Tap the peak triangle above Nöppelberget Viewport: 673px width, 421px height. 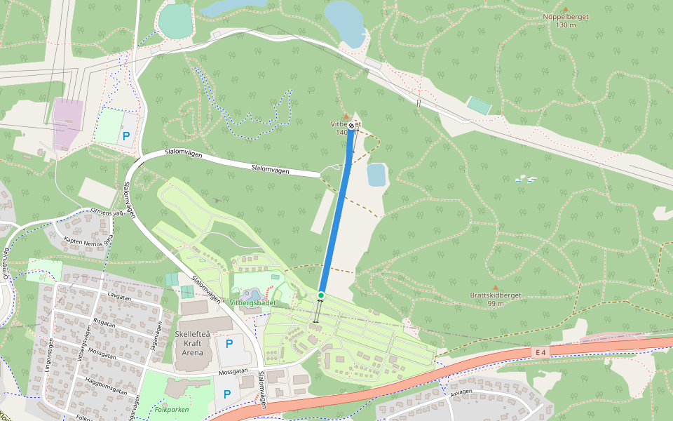coord(566,9)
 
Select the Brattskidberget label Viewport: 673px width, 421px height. coord(496,295)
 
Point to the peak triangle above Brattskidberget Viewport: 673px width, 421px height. coord(496,288)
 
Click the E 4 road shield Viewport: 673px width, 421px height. coord(539,351)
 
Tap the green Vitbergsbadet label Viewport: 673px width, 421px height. coord(253,303)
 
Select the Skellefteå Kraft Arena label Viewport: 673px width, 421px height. coord(193,343)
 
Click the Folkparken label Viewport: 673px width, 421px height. coord(172,408)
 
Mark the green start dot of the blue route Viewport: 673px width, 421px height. coord(320,295)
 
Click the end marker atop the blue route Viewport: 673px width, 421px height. coord(351,126)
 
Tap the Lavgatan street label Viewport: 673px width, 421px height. coord(120,297)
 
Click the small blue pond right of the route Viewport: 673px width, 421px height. coord(376,174)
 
